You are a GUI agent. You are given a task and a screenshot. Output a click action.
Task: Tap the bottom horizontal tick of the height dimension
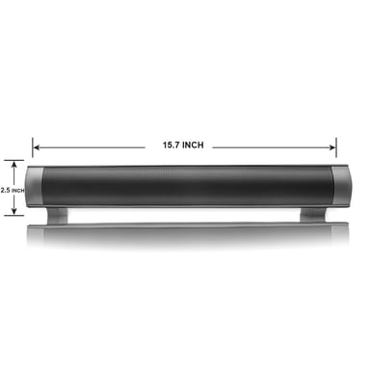(x=14, y=216)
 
